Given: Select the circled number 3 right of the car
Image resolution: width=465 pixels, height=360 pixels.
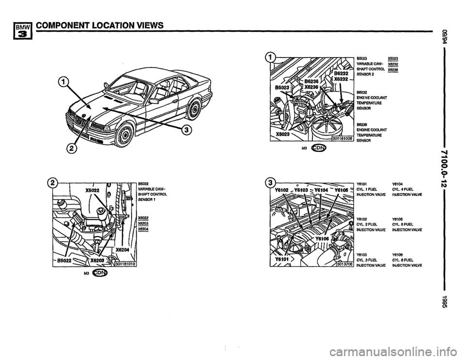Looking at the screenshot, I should tap(187, 130).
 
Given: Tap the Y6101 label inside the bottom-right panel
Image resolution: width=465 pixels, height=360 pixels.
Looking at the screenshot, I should tap(280, 259).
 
